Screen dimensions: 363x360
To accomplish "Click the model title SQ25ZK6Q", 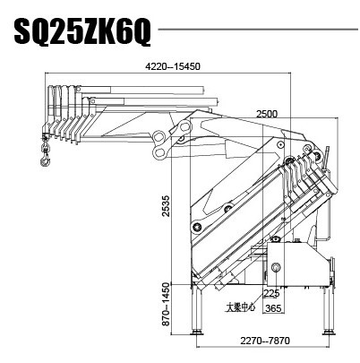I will pos(82,35).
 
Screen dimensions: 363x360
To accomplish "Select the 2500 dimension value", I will pos(267,114).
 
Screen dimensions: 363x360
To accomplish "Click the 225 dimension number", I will pos(271,293).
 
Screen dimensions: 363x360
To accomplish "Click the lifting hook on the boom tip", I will pos(43,161).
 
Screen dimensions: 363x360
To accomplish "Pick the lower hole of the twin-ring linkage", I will pos(160,153).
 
